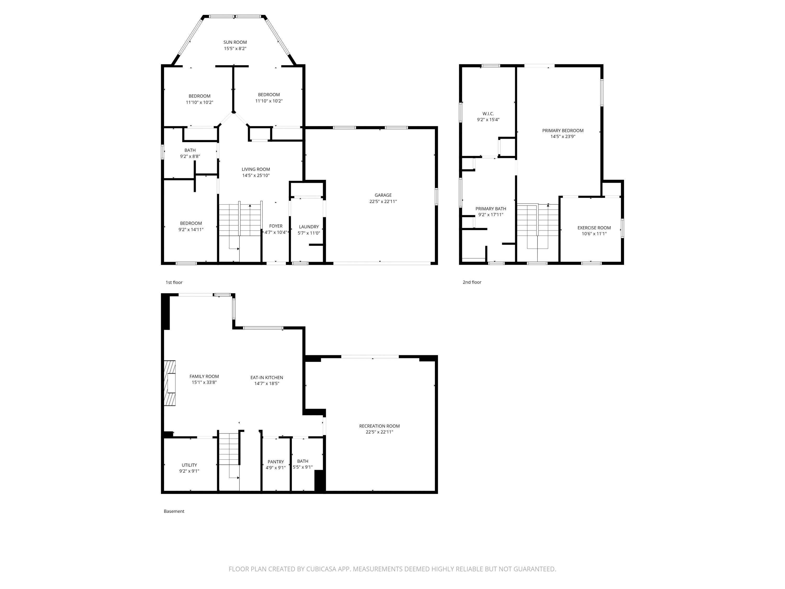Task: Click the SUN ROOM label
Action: [235, 42]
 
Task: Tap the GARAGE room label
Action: [383, 195]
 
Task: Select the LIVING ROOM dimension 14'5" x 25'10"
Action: [256, 175]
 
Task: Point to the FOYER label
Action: [276, 226]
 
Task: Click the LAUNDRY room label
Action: [309, 227]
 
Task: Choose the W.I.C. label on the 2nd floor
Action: [488, 114]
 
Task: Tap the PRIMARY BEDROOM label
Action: [563, 131]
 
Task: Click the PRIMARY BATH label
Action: [491, 209]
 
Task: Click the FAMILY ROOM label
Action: [204, 376]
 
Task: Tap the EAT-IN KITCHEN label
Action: [267, 377]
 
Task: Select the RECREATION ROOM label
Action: [379, 426]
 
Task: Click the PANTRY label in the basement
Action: [276, 462]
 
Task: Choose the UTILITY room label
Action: [189, 465]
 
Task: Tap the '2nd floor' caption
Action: [472, 282]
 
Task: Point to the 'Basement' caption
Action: [174, 511]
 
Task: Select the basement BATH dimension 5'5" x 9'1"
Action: [303, 467]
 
